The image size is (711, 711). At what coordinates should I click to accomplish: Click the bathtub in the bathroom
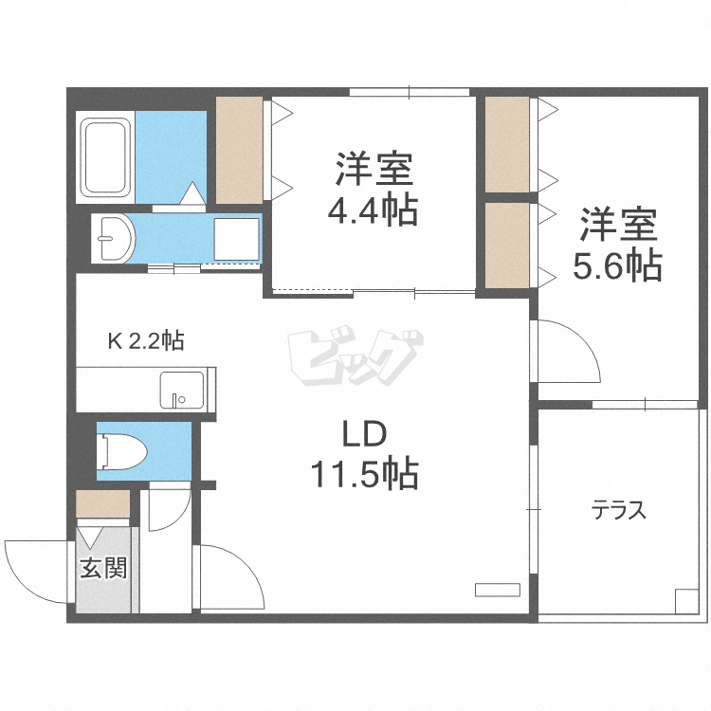[106, 157]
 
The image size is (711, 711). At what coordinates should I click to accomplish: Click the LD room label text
[365, 436]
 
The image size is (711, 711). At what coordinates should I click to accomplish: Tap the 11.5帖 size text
[365, 473]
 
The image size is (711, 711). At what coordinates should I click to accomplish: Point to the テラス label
[619, 512]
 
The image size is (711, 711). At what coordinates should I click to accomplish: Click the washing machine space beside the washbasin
[236, 237]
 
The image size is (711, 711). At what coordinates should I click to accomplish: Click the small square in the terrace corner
[685, 600]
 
